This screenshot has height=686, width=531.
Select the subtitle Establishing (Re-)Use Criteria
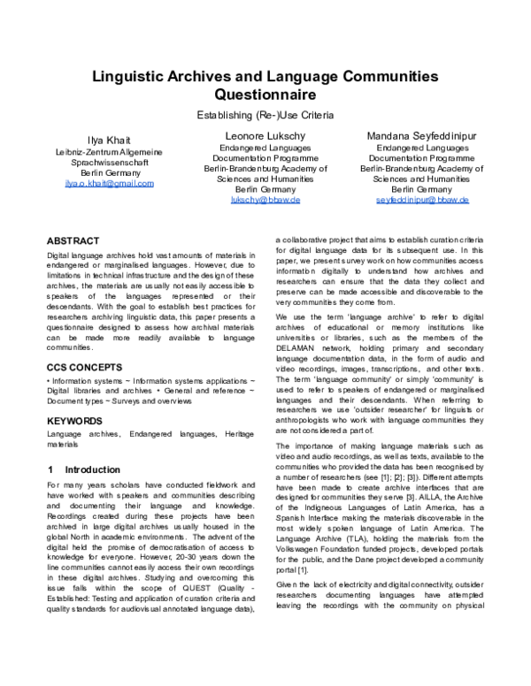[x=265, y=115]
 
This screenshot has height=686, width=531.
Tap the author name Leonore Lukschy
[x=265, y=135]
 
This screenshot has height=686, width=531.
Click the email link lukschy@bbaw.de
[x=265, y=201]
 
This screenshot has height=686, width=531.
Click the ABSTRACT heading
[x=73, y=240]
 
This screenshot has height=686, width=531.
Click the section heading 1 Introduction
[x=83, y=468]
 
